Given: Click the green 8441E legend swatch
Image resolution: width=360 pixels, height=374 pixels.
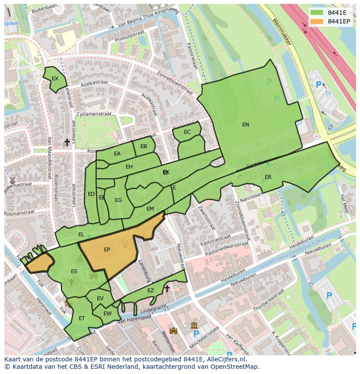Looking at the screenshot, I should coord(317,13).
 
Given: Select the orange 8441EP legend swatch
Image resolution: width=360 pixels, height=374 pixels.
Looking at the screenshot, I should coord(317,21).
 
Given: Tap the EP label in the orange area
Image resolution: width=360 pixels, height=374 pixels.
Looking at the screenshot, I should coord(107,250).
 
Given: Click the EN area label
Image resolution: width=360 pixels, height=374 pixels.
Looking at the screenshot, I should coord(246,125).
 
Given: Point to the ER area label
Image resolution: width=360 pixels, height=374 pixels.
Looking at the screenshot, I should coord(268,177).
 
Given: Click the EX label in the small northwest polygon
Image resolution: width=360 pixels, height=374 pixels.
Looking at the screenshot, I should coord(55,79).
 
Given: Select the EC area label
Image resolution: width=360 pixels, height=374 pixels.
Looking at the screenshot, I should coord(187,132).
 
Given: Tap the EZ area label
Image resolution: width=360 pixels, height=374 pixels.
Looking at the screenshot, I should coord(150,291).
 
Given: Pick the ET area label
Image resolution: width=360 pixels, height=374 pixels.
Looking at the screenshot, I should coord(82,318).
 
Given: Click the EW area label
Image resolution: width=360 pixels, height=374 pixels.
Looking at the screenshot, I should coord(107,314).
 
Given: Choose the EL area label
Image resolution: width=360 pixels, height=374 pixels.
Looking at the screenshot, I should coord(81,235).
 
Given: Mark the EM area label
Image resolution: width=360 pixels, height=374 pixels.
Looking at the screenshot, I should coord(150,209).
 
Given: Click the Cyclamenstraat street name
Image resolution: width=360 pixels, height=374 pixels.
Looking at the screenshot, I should coord(93,114).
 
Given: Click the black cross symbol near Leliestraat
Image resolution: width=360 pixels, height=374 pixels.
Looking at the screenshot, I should coord(67,142).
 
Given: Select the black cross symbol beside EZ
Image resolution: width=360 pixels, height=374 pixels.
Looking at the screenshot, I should coord(167,288).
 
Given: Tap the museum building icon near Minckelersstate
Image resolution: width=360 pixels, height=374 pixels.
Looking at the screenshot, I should coord(194,325).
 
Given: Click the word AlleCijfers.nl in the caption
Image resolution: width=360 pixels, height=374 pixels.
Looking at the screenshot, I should coord(226,359).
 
